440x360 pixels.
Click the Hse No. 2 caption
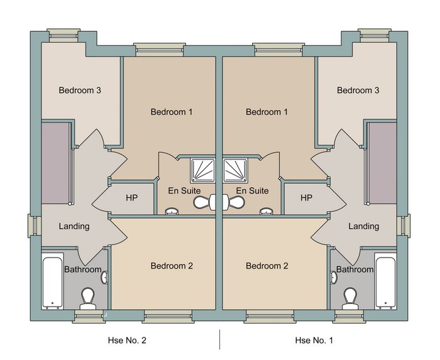click(x=127, y=341)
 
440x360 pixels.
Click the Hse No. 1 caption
click(x=314, y=341)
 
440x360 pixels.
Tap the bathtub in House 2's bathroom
click(x=52, y=281)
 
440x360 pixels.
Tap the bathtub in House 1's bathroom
click(x=386, y=281)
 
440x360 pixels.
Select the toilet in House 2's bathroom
click(x=88, y=298)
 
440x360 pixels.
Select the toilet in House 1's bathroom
click(x=350, y=298)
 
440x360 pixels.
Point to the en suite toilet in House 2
click(x=204, y=202)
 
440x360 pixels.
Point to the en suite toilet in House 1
click(x=234, y=202)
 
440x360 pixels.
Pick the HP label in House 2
click(x=131, y=198)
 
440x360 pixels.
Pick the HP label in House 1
click(x=307, y=198)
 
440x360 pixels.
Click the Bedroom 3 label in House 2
click(x=80, y=90)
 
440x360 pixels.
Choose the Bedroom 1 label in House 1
click(x=267, y=112)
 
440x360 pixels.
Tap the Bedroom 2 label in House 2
click(x=172, y=266)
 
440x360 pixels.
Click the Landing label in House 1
click(x=364, y=226)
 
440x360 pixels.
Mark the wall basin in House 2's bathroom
click(x=104, y=277)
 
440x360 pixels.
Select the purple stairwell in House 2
click(x=55, y=163)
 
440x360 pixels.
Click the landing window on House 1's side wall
click(x=404, y=226)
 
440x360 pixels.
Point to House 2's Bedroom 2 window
click(x=168, y=317)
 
